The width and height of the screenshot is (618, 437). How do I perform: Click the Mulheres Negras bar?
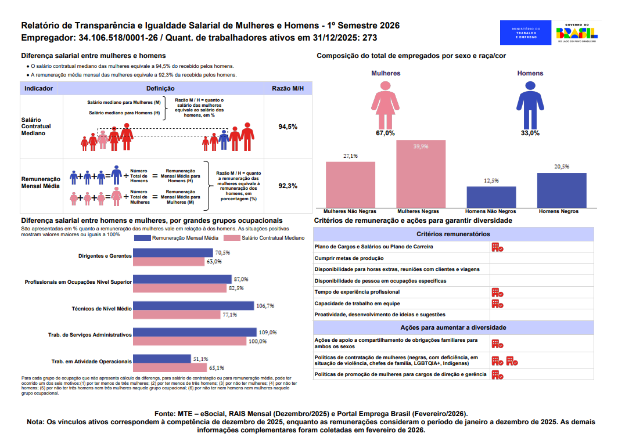click(421, 174)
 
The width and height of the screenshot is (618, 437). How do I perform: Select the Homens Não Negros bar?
click(491, 197)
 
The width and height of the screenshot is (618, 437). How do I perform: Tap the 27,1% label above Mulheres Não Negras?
click(350, 156)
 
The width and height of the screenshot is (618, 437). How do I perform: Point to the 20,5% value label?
click(562, 167)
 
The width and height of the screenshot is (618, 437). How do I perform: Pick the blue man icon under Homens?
click(530, 105)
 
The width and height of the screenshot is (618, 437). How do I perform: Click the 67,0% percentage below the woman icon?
click(385, 133)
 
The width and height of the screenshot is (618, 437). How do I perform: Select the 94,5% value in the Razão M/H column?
click(288, 127)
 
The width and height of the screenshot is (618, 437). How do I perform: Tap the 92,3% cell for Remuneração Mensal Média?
click(288, 186)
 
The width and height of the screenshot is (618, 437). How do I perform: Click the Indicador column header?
click(39, 89)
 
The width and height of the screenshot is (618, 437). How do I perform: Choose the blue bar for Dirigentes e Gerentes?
click(173, 253)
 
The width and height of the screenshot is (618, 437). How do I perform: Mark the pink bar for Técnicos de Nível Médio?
click(177, 315)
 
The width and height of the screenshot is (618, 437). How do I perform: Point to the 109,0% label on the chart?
click(268, 333)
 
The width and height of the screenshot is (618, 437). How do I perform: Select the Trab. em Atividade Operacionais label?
click(92, 362)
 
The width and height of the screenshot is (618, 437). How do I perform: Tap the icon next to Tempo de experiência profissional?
click(497, 292)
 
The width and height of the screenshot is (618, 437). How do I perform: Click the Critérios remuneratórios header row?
click(453, 234)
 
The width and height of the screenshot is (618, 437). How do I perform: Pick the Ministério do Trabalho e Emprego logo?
click(526, 33)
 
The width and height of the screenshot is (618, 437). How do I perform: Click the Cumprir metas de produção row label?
click(348, 258)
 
